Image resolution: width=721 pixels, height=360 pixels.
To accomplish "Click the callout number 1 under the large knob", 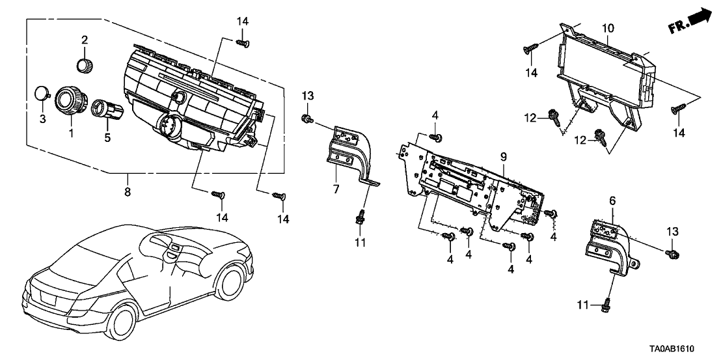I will tap(72, 132).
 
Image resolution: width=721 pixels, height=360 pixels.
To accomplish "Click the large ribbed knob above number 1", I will tap(70, 102).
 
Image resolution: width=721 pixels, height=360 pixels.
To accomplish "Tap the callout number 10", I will tap(607, 29).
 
